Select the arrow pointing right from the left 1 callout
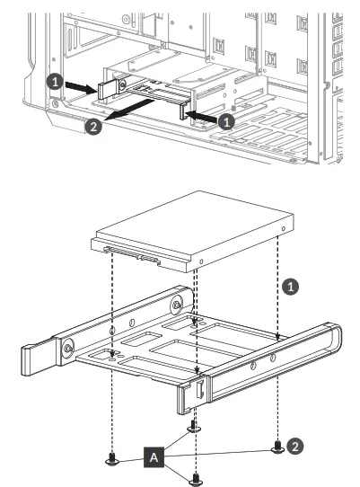coord(78,87)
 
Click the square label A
coord(154,457)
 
